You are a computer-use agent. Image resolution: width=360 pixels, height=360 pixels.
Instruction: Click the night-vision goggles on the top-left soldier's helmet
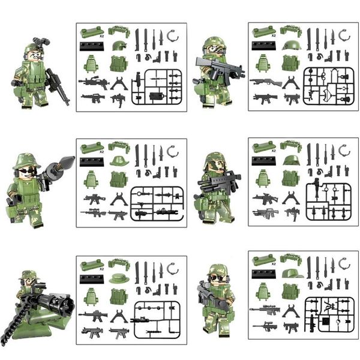click(41, 43)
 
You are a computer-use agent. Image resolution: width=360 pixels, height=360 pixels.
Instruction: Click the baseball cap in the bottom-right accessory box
click(291, 274)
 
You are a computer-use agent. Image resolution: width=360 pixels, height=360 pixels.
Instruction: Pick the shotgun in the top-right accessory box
click(266, 82)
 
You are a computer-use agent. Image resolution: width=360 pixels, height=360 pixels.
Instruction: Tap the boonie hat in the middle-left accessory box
click(119, 160)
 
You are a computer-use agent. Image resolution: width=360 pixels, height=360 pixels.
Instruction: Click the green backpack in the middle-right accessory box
click(262, 178)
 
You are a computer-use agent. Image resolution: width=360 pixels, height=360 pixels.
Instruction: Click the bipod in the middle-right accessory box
click(291, 197)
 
